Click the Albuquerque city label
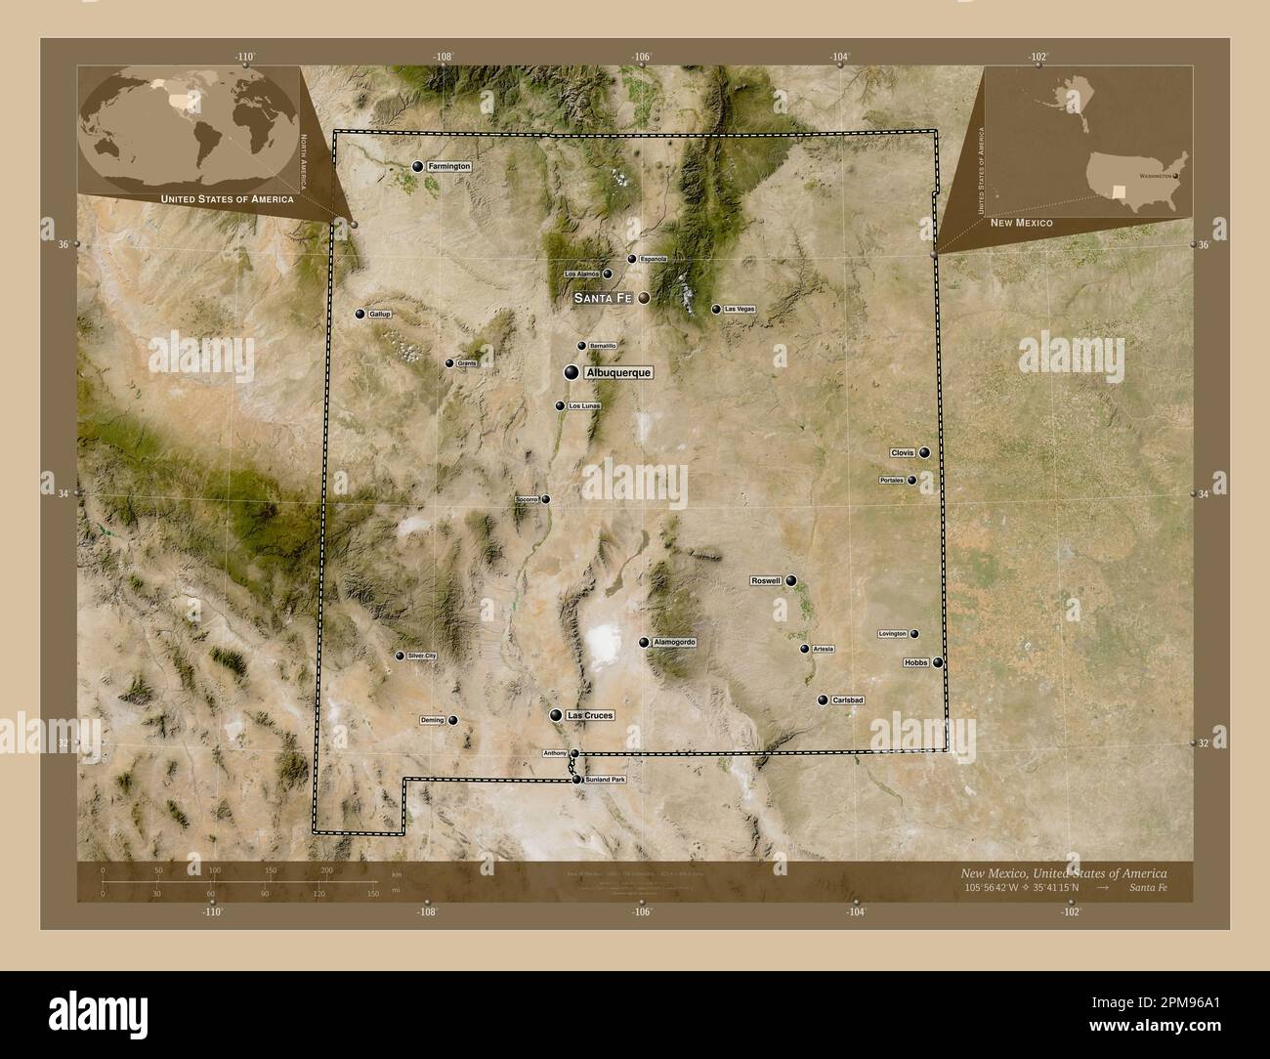click(617, 373)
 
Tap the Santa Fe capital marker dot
click(644, 300)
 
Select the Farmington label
click(449, 167)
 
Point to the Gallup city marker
click(360, 315)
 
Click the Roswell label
click(766, 581)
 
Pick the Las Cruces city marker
click(556, 716)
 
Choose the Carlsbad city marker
click(823, 700)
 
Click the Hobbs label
click(916, 662)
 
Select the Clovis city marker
click(923, 453)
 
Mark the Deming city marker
click(452, 721)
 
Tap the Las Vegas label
click(740, 310)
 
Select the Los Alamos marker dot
click(607, 275)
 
